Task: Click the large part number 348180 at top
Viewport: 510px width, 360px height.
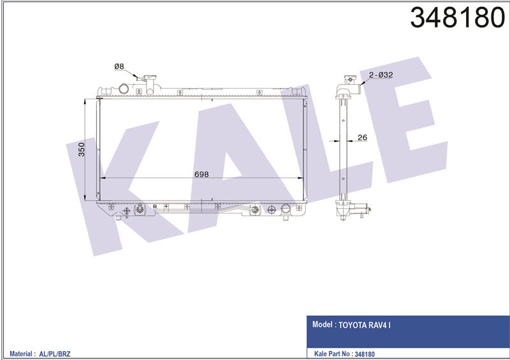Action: click(457, 18)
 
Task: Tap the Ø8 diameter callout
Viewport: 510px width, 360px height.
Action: click(119, 67)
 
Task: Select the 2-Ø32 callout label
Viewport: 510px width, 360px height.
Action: click(381, 75)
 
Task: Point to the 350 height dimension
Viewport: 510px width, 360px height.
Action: click(82, 149)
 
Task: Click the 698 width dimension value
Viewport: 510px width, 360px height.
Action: click(201, 175)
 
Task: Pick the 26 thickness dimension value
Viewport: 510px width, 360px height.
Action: click(362, 138)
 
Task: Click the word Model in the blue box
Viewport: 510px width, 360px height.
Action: click(323, 324)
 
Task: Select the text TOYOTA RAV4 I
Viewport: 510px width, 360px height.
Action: click(365, 325)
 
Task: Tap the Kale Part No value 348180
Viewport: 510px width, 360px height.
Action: click(365, 354)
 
